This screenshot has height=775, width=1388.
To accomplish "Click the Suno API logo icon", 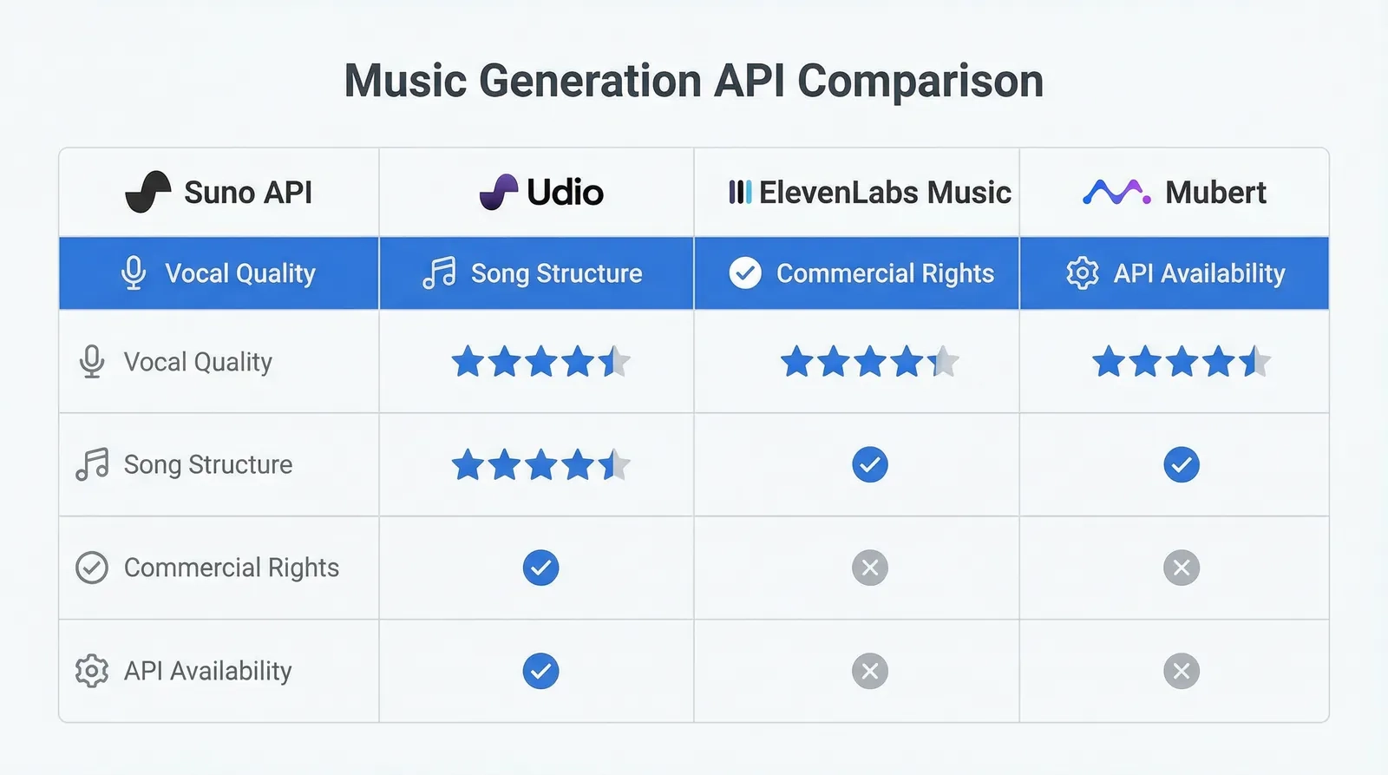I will pyautogui.click(x=147, y=192).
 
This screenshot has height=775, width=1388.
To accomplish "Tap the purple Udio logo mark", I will pyautogui.click(x=499, y=192).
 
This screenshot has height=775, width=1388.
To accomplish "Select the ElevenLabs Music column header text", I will pyautogui.click(x=884, y=192).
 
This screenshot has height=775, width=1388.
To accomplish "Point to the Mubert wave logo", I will pyautogui.click(x=1116, y=192).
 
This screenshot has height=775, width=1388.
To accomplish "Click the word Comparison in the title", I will pyautogui.click(x=920, y=81).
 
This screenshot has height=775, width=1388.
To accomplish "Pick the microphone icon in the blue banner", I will pyautogui.click(x=134, y=273).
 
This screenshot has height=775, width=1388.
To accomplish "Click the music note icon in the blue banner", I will pyautogui.click(x=439, y=273).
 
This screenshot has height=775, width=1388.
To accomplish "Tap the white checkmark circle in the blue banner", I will pyautogui.click(x=745, y=273).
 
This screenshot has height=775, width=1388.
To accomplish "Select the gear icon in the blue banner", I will pyautogui.click(x=1082, y=273).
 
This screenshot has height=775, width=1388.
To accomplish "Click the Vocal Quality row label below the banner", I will pyautogui.click(x=198, y=362).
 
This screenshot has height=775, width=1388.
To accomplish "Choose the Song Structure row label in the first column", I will pyautogui.click(x=207, y=464).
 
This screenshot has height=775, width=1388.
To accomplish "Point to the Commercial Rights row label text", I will pyautogui.click(x=231, y=568).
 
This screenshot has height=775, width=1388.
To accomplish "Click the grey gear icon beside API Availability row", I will pyautogui.click(x=92, y=671).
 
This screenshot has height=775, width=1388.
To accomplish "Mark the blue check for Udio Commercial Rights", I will pyautogui.click(x=540, y=568).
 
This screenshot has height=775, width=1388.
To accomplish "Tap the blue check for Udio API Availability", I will pyautogui.click(x=540, y=671).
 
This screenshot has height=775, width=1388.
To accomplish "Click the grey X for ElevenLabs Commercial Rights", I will pyautogui.click(x=869, y=568).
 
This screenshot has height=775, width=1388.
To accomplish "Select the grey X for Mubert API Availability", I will pyautogui.click(x=1181, y=671).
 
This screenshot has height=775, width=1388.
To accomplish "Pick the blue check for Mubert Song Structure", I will pyautogui.click(x=1181, y=464).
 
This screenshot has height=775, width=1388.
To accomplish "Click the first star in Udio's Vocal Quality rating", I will pyautogui.click(x=468, y=361).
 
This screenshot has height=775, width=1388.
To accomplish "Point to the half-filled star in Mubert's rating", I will pyautogui.click(x=1254, y=361).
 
